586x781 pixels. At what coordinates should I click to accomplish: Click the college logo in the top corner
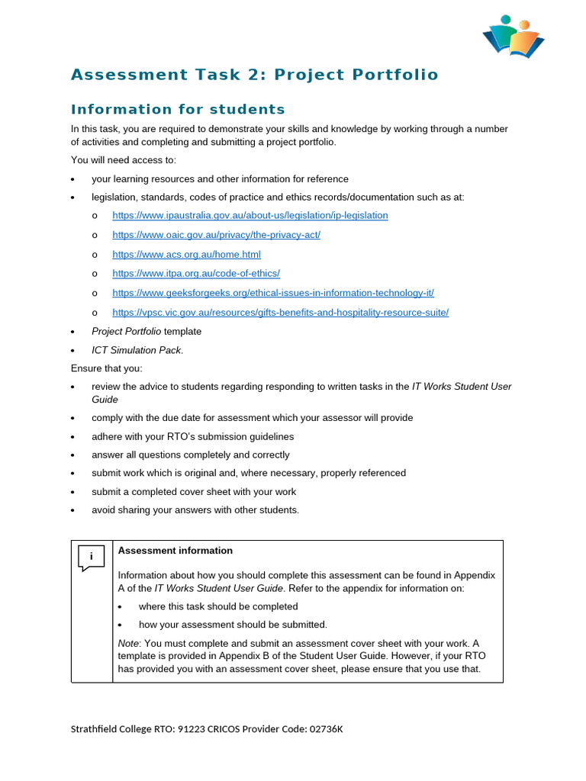513,37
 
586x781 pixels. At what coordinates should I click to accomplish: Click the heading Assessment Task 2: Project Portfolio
254,75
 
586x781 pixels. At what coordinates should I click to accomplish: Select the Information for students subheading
178,109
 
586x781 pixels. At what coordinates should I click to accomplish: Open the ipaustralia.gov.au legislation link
250,216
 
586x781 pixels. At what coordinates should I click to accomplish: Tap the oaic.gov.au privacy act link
216,235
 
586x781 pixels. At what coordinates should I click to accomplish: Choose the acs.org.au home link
186,255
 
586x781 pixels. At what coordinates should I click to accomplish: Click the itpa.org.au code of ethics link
196,274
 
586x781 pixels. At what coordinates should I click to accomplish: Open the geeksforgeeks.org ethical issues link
273,293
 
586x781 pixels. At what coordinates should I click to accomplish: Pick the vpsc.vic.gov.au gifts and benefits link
280,313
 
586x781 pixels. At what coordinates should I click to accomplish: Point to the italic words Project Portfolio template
146,332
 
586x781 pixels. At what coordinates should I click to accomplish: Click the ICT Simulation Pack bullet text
137,351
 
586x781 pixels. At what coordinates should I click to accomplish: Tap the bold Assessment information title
175,551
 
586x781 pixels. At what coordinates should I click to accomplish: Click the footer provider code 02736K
326,729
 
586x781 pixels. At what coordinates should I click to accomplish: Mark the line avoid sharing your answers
195,510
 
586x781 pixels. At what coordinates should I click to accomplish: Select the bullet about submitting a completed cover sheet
194,492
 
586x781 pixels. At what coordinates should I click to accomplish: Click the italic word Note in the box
128,644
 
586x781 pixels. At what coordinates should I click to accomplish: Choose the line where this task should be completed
218,607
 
